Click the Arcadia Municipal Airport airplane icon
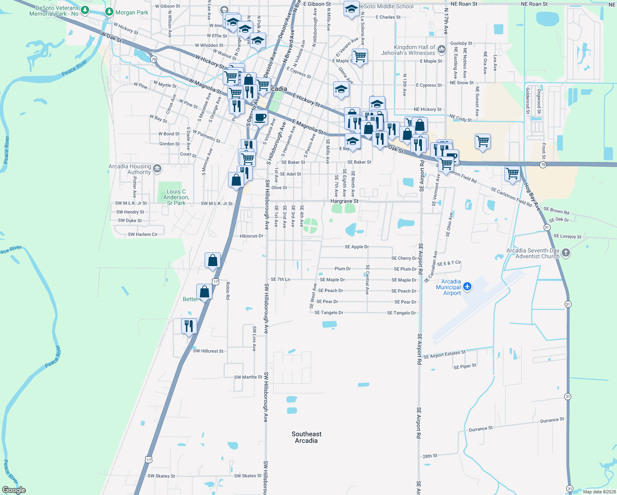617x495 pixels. pyautogui.click(x=467, y=286)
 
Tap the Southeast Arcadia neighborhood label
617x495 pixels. pyautogui.click(x=306, y=437)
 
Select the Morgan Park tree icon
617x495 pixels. pyautogui.click(x=109, y=12)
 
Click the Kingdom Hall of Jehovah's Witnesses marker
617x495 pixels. pyautogui.click(x=442, y=50)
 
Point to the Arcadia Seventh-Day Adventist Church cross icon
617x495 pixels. pyautogui.click(x=566, y=253)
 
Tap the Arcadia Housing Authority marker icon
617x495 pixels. pyautogui.click(x=157, y=168)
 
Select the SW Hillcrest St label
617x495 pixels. pyautogui.click(x=208, y=351)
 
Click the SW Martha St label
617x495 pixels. pyautogui.click(x=248, y=377)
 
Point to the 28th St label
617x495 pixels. pyautogui.click(x=430, y=456)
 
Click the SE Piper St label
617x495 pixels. pyautogui.click(x=465, y=366)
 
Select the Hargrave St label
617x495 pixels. pyautogui.click(x=344, y=201)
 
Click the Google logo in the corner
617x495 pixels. pyautogui.click(x=14, y=490)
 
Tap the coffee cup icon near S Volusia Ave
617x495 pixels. pyautogui.click(x=260, y=118)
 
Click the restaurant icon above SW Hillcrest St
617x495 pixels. pyautogui.click(x=188, y=326)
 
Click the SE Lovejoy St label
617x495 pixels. pyautogui.click(x=567, y=236)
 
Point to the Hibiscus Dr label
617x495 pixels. pyautogui.click(x=251, y=236)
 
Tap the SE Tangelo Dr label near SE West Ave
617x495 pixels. pyautogui.click(x=329, y=313)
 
